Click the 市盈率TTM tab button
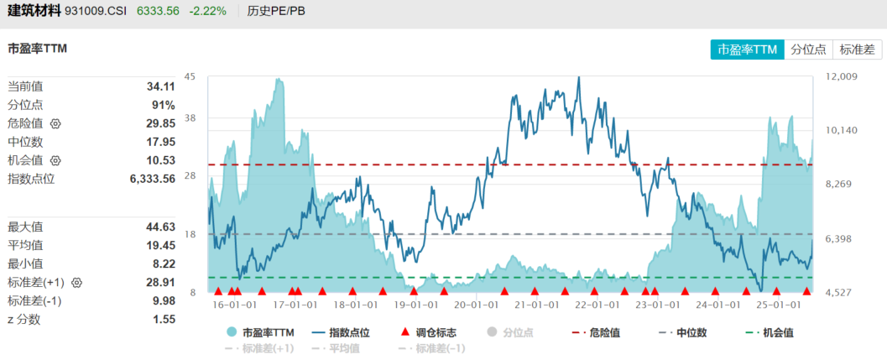click(x=748, y=50)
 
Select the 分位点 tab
click(x=809, y=50)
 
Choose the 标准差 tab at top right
click(x=857, y=50)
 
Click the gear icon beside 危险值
click(x=55, y=123)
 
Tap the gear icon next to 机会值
click(x=55, y=160)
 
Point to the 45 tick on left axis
click(x=190, y=77)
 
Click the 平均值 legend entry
click(x=338, y=348)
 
